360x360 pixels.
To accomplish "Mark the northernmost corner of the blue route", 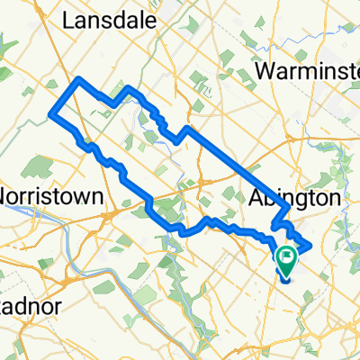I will click(82, 80).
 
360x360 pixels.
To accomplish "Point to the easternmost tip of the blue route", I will click(310, 244).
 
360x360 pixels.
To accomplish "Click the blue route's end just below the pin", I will click(284, 278).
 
